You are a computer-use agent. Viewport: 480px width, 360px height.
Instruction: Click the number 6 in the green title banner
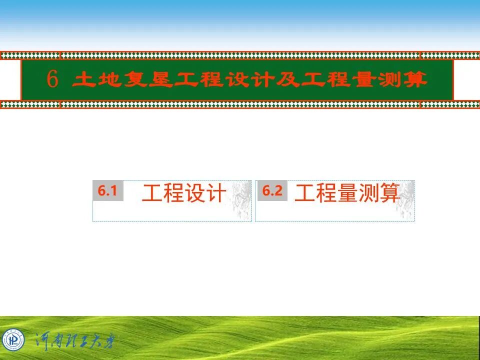[x=52, y=80]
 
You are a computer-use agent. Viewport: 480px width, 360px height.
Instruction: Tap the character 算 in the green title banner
[x=414, y=80]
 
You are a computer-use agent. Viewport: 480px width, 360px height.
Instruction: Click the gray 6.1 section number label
[x=107, y=190]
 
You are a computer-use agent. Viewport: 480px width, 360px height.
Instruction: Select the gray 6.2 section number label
[x=272, y=190]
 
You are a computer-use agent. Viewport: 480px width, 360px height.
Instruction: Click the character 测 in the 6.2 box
[x=368, y=193]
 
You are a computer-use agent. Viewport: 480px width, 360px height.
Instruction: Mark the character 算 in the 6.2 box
[x=390, y=193]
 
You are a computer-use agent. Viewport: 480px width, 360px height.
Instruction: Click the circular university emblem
[x=13, y=340]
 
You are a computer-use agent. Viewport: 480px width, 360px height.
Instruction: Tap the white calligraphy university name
[x=75, y=340]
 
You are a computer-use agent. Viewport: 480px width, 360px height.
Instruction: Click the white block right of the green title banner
[x=466, y=80]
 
